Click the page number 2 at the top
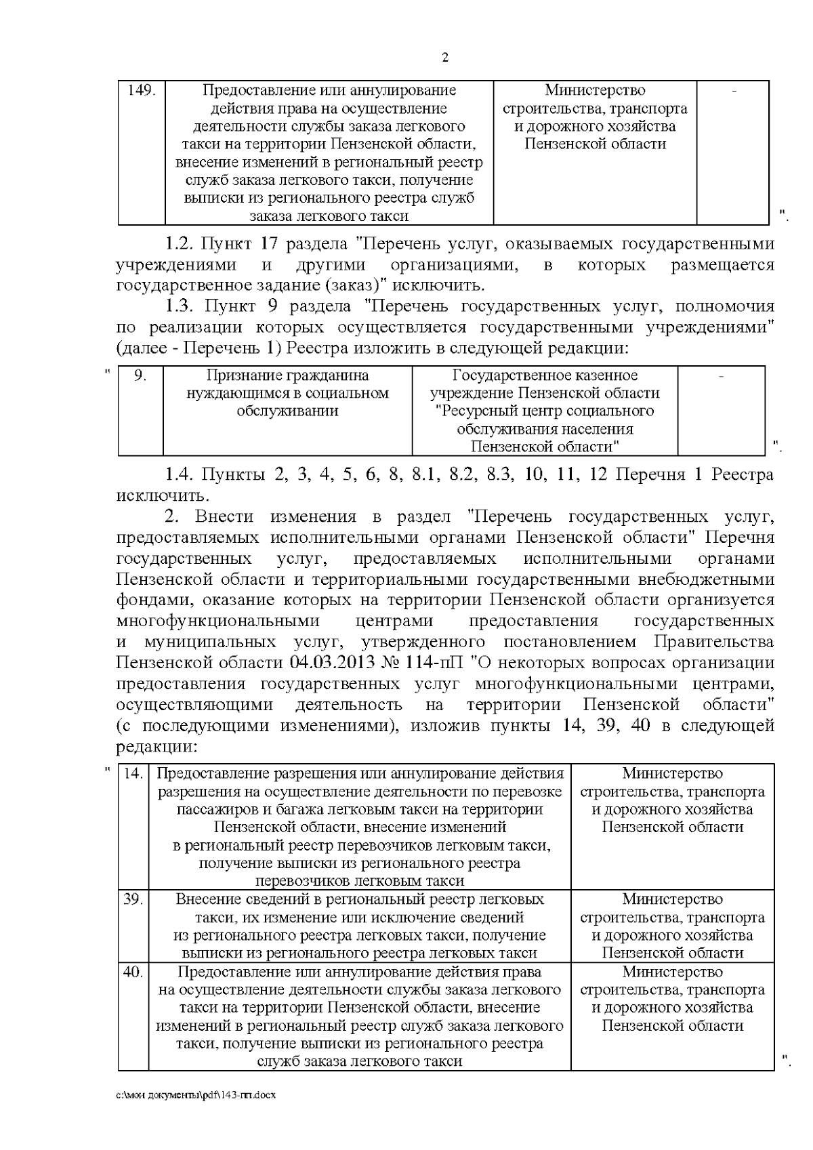(x=445, y=58)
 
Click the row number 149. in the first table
(x=142, y=91)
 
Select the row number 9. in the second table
(x=140, y=375)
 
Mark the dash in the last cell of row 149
(x=734, y=91)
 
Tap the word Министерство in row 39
(x=672, y=899)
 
